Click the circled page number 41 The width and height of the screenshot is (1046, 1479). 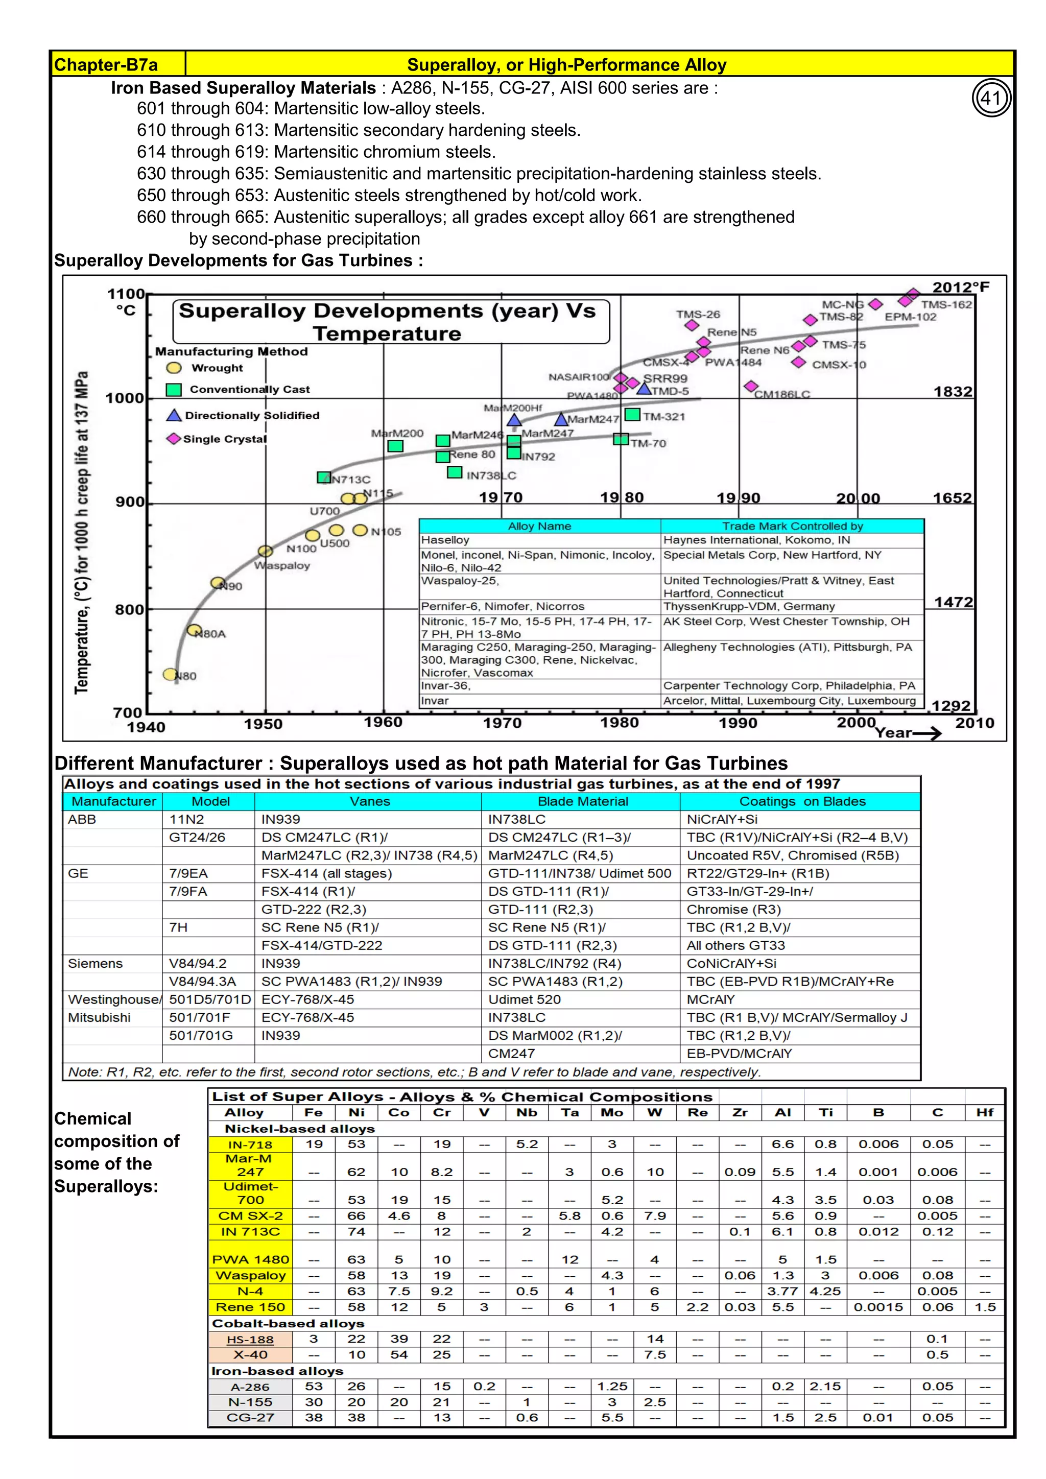(x=991, y=98)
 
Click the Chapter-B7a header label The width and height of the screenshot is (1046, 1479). (x=106, y=65)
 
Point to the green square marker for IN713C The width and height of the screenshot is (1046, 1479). (x=324, y=478)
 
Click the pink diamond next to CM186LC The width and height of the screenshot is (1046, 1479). (x=751, y=387)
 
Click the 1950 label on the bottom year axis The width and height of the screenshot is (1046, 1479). (x=263, y=724)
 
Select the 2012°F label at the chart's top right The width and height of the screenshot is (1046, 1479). (x=960, y=288)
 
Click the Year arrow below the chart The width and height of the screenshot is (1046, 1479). (x=908, y=733)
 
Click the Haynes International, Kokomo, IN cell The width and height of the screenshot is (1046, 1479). (x=756, y=540)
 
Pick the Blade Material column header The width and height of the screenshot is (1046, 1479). (x=582, y=801)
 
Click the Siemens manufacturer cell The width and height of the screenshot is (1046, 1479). (x=96, y=964)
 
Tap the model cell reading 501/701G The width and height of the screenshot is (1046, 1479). (x=201, y=1036)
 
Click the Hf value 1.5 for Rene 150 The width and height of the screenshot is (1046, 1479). (x=985, y=1307)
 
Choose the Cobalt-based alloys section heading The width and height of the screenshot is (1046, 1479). (x=288, y=1323)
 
